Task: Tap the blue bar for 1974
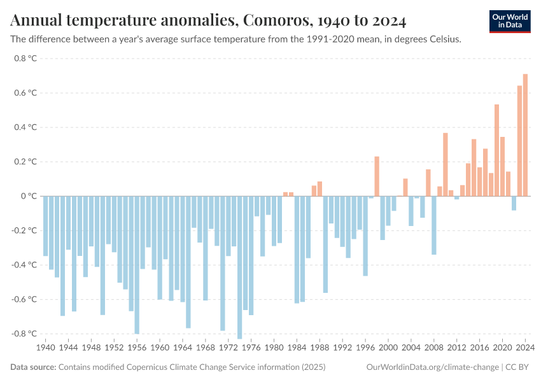(x=239, y=267)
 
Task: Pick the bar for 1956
(x=137, y=265)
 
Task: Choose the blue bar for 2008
(x=434, y=225)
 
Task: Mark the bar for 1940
(x=45, y=226)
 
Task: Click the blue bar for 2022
(x=514, y=203)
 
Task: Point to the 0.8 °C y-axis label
(x=25, y=59)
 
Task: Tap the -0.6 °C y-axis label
(x=24, y=299)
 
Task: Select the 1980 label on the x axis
(x=274, y=348)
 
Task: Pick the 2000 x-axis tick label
(x=388, y=348)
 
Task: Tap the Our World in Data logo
(x=509, y=20)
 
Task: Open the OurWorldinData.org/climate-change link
(x=432, y=367)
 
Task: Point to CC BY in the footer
(x=518, y=367)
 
